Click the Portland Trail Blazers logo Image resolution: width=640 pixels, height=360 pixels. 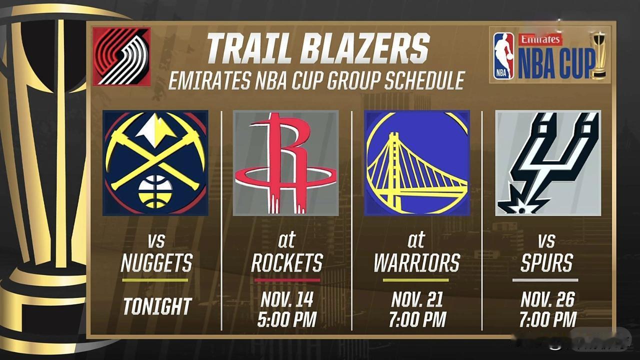point(121,56)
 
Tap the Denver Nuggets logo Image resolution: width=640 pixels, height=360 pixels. point(155,163)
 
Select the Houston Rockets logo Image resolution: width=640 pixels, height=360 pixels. point(285,163)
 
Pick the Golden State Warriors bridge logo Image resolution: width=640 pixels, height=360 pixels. point(417,163)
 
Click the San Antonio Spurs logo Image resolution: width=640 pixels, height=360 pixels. point(548,163)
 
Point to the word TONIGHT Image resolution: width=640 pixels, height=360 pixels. point(157,306)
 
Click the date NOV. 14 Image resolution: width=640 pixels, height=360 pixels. point(287,299)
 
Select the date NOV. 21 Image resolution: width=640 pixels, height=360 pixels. point(417,299)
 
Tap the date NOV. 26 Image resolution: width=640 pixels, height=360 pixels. point(547,299)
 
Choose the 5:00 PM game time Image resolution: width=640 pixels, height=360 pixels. point(287,319)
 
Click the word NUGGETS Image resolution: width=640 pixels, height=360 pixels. point(156,262)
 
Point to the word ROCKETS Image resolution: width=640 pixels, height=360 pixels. point(287,262)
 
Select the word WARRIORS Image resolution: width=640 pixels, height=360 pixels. point(417,262)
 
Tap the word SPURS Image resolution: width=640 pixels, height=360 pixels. point(546,262)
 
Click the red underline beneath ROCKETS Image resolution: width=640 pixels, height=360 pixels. point(287,280)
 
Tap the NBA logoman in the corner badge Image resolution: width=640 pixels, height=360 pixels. point(503,56)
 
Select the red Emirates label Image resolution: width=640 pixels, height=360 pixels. point(540,39)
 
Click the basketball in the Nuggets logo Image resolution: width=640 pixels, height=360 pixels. point(155,191)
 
